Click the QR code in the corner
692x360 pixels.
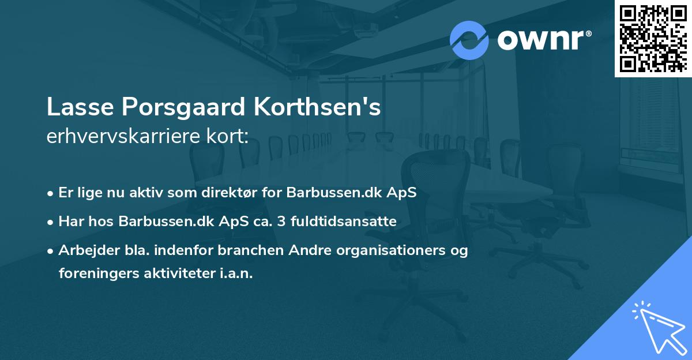click(653, 39)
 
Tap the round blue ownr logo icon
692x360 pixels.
click(469, 40)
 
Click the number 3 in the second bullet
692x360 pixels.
click(274, 221)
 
